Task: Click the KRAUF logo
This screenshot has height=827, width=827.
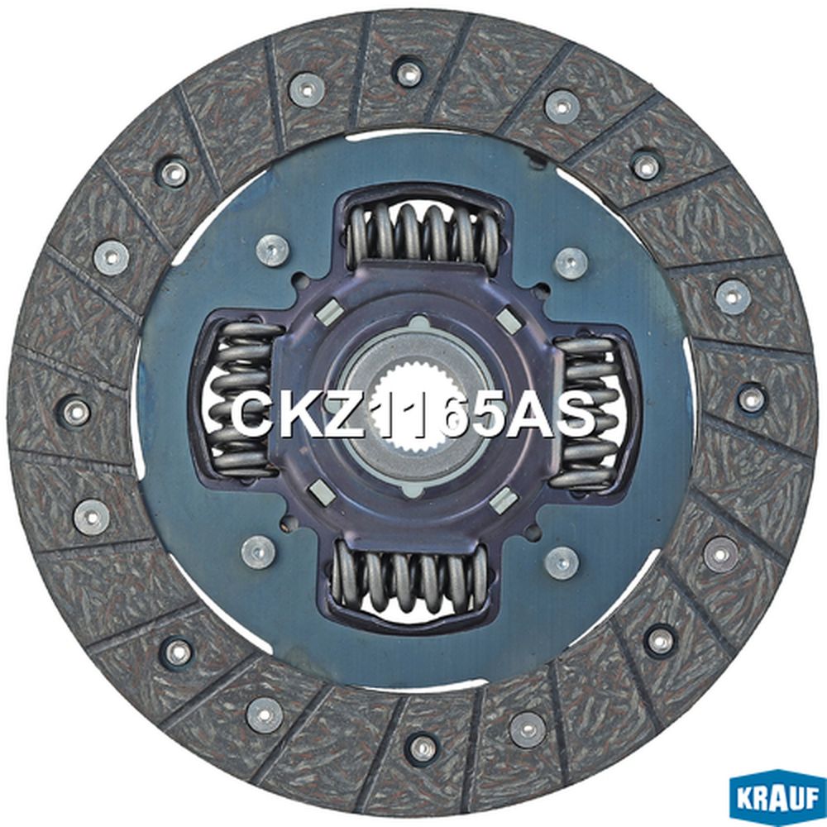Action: tap(777, 799)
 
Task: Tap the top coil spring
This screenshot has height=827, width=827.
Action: tap(423, 235)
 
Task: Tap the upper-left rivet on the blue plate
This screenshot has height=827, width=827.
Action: tap(272, 250)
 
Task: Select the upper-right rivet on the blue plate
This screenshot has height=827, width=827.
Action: tap(571, 263)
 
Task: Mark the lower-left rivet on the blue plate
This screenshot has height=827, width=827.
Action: tap(258, 552)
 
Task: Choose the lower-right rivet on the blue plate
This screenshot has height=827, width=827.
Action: tap(562, 563)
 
